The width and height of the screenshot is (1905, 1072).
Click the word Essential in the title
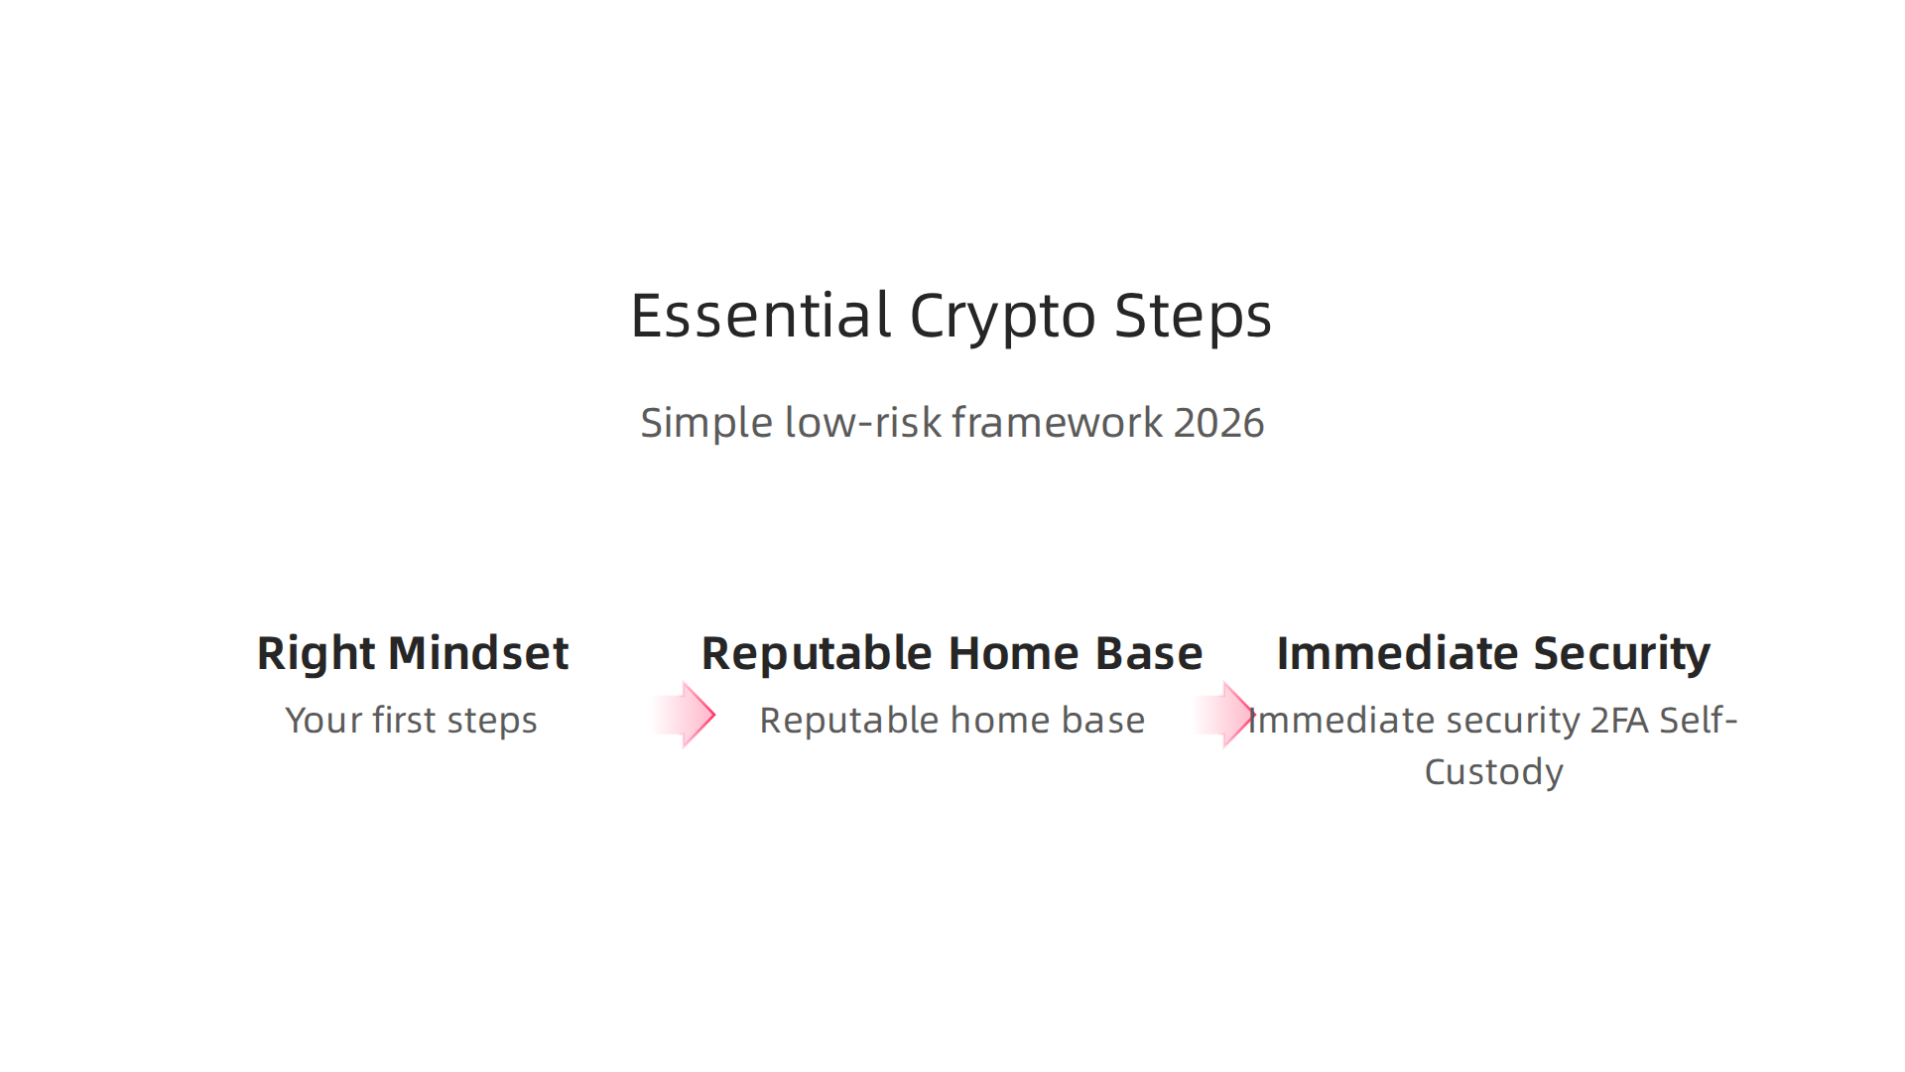coord(760,316)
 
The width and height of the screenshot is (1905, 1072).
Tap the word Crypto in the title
coord(1002,318)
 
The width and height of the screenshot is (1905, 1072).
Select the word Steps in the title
coord(1193,318)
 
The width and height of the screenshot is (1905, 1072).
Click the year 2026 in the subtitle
coord(1218,423)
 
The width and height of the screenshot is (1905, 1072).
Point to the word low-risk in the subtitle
coord(862,423)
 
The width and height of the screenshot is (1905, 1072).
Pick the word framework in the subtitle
coord(1057,423)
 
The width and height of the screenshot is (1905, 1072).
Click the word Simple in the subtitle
coord(705,424)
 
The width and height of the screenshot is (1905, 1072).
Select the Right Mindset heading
coord(412,653)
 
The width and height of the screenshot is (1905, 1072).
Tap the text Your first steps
coord(411,721)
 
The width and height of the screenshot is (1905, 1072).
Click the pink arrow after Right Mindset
coord(687,715)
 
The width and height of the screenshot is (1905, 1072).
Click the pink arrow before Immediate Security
coord(1226,715)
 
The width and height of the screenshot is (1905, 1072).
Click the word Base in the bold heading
coord(1148,653)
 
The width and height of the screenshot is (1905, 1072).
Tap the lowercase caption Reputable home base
coord(952,721)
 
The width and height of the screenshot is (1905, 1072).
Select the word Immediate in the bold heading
coord(1397,653)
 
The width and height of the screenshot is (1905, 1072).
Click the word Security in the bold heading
coord(1621,654)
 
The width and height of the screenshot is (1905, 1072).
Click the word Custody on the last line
coord(1493,772)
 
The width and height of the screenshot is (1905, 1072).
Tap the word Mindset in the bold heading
coord(478,653)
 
